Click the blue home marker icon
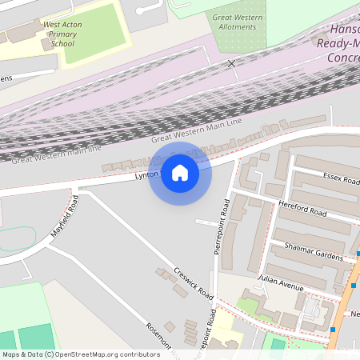(x=180, y=172)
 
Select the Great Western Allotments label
(x=237, y=22)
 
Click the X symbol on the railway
(x=232, y=63)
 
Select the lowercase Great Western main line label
(x=56, y=154)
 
